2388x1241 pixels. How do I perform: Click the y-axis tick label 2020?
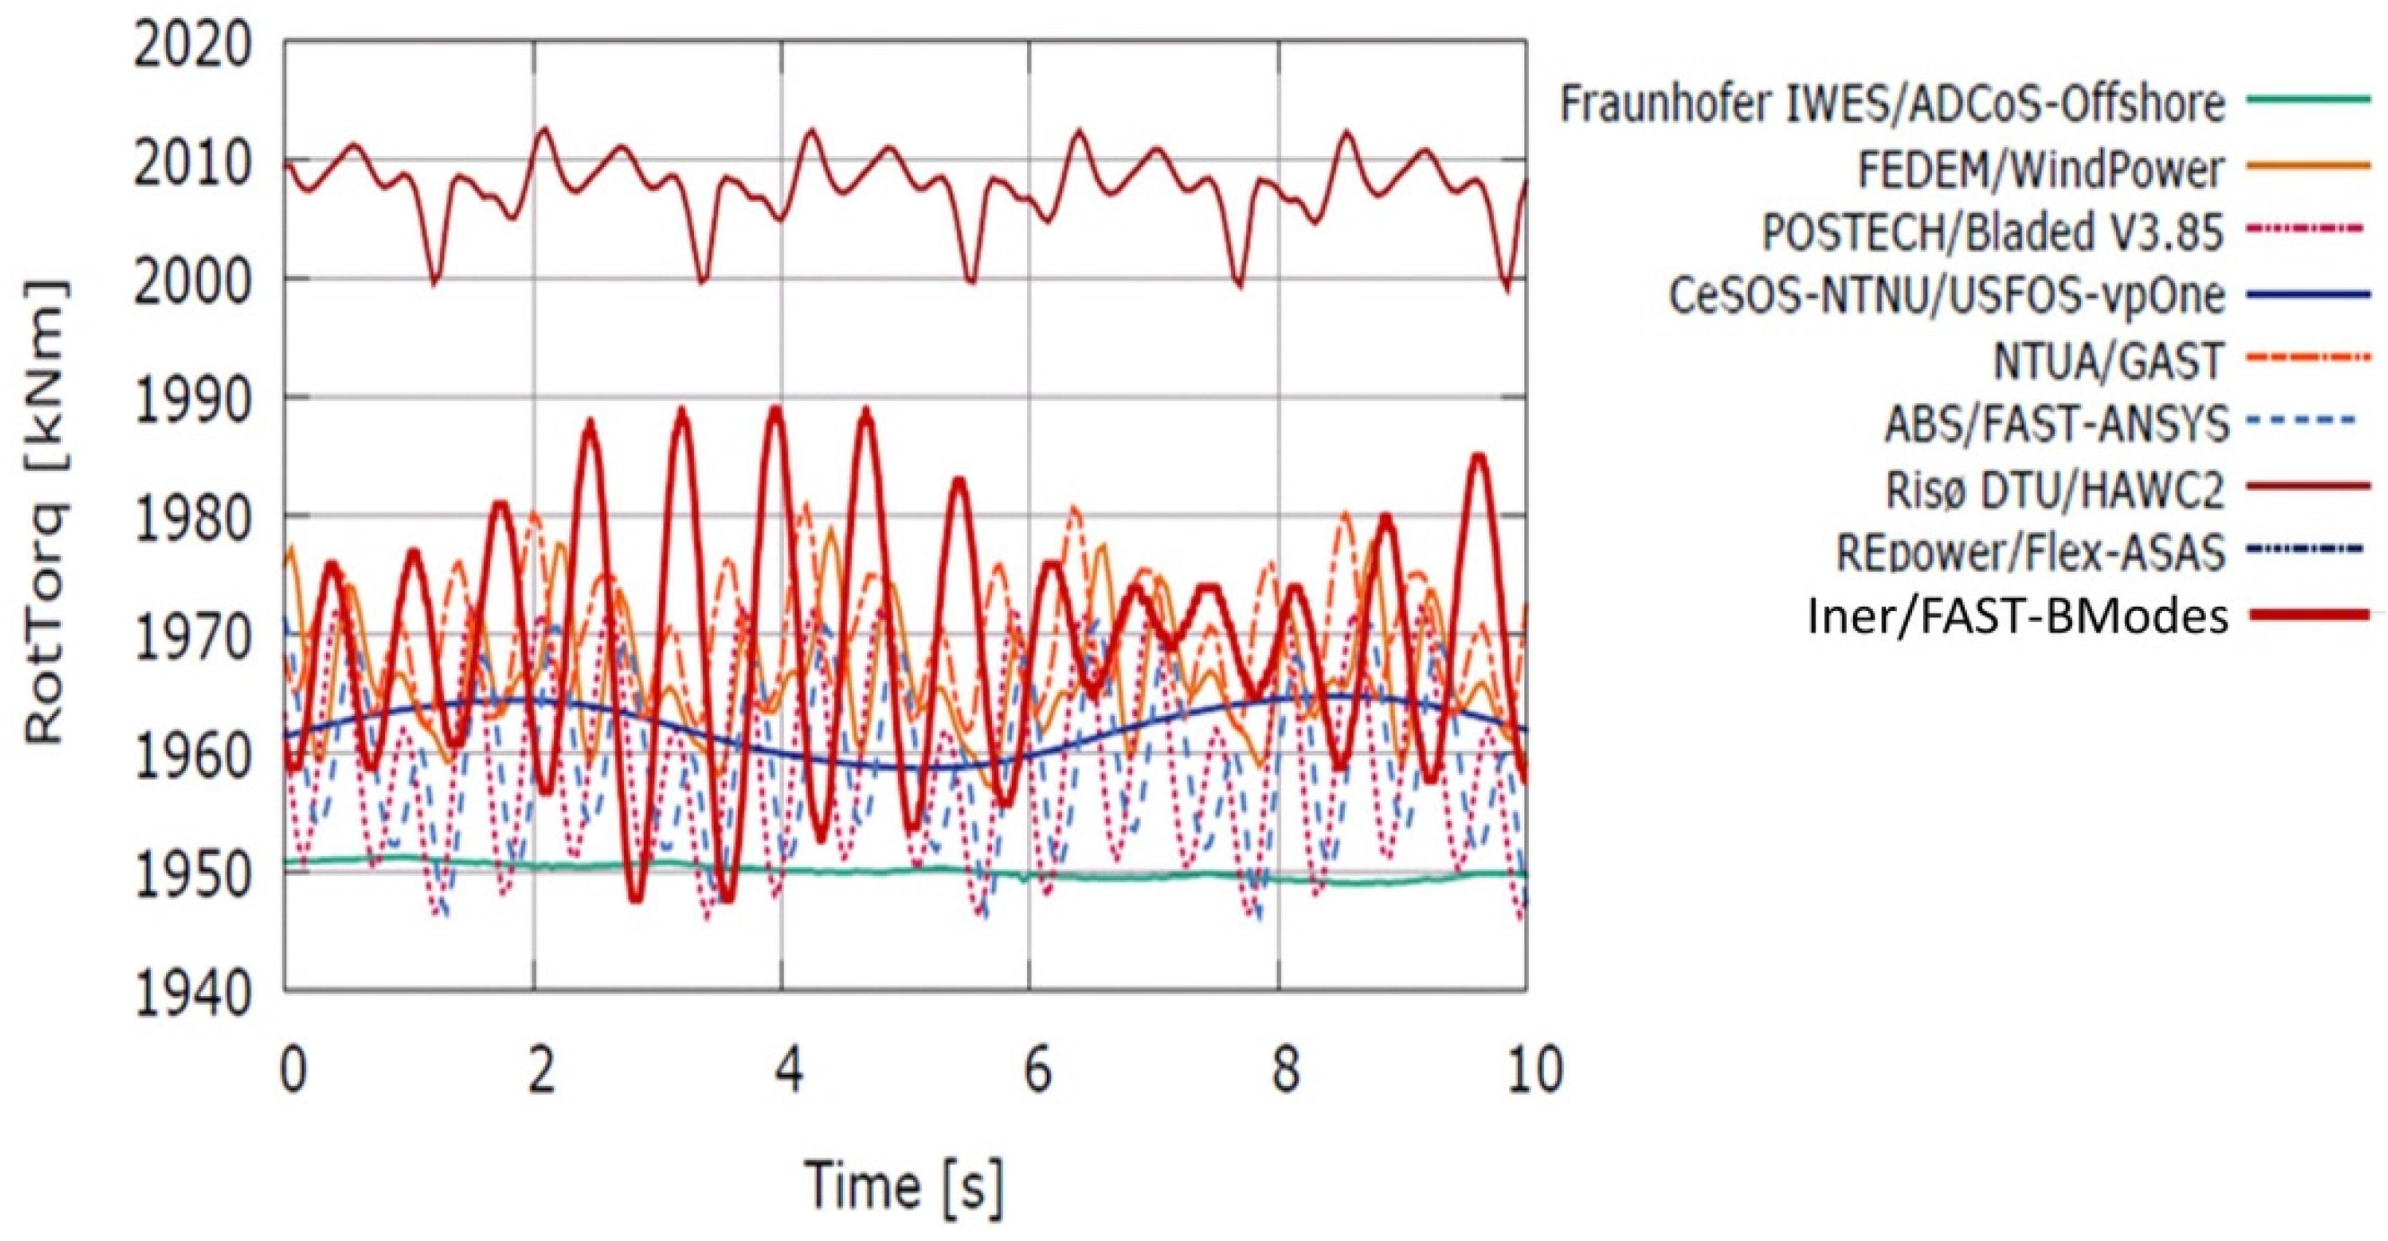pos(192,47)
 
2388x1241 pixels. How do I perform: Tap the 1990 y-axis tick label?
pos(192,401)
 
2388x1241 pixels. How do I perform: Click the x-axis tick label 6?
pos(1037,1071)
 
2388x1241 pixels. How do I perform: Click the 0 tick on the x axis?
pos(293,1071)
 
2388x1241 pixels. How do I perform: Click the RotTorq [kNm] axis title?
pos(47,514)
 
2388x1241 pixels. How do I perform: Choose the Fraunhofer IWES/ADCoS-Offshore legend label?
pos(1892,104)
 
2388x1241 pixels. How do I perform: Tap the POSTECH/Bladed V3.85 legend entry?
pos(1992,232)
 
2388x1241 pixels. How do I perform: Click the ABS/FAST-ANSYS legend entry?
pos(2056,424)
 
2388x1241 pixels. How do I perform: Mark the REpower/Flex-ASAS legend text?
pos(2030,553)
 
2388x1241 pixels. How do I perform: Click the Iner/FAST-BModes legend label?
pos(2017,616)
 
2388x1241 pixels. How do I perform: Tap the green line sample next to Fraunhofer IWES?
pos(2308,98)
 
